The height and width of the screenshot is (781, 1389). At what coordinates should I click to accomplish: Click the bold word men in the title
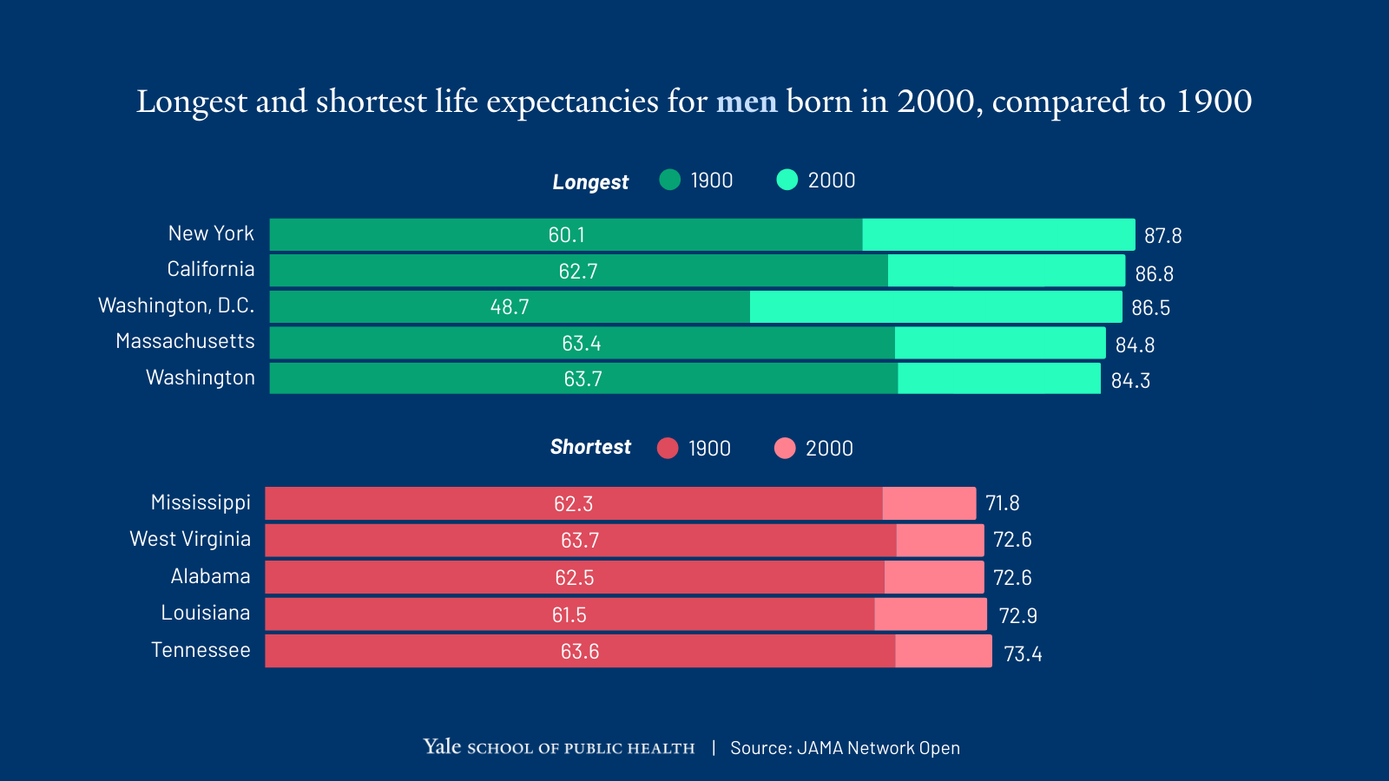pyautogui.click(x=746, y=102)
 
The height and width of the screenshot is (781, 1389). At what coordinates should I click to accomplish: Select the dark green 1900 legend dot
pyautogui.click(x=669, y=180)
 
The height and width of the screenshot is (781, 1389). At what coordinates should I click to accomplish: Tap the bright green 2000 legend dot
pyautogui.click(x=787, y=180)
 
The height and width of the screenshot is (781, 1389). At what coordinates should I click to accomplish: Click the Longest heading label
pyautogui.click(x=590, y=182)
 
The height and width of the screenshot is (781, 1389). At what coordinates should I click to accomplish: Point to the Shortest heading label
pyautogui.click(x=590, y=447)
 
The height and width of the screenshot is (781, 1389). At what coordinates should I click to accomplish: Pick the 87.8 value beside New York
pyautogui.click(x=1162, y=236)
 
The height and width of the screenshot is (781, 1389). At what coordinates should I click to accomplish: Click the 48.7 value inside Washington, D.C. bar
pyautogui.click(x=510, y=307)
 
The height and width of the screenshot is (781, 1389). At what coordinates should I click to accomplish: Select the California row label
pyautogui.click(x=211, y=269)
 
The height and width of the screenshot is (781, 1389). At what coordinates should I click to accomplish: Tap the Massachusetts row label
pyautogui.click(x=185, y=341)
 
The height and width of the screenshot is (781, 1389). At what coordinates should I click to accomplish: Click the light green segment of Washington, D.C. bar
pyautogui.click(x=936, y=307)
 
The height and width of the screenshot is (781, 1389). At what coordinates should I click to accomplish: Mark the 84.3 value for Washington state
pyautogui.click(x=1130, y=381)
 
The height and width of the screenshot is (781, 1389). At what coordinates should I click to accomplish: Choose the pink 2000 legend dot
pyautogui.click(x=785, y=448)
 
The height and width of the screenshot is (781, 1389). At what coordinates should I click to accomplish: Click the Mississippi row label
pyautogui.click(x=201, y=502)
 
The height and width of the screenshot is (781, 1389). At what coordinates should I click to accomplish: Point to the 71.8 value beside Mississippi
pyautogui.click(x=1002, y=503)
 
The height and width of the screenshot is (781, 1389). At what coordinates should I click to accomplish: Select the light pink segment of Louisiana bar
pyautogui.click(x=931, y=614)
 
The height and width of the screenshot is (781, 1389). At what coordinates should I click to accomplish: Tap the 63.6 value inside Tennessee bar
pyautogui.click(x=580, y=652)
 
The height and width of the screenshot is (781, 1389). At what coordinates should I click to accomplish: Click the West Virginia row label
pyautogui.click(x=190, y=539)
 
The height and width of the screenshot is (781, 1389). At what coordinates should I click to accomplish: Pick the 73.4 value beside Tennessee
pyautogui.click(x=1023, y=654)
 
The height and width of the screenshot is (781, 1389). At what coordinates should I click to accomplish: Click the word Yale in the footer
pyautogui.click(x=442, y=747)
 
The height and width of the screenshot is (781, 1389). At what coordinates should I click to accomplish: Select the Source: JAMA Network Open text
pyautogui.click(x=845, y=748)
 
